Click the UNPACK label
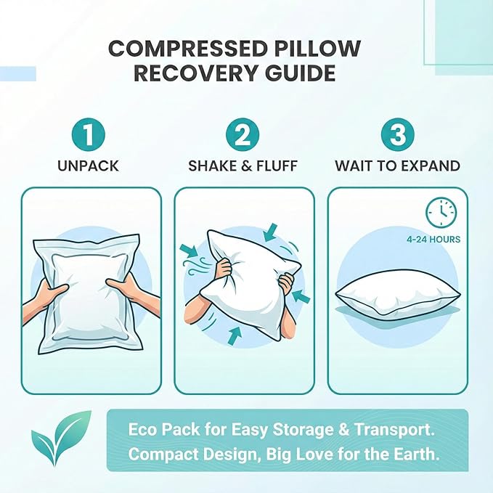point(88,166)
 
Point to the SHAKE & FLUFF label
point(243,166)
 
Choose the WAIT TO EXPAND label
point(397,166)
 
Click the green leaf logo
point(60,437)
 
